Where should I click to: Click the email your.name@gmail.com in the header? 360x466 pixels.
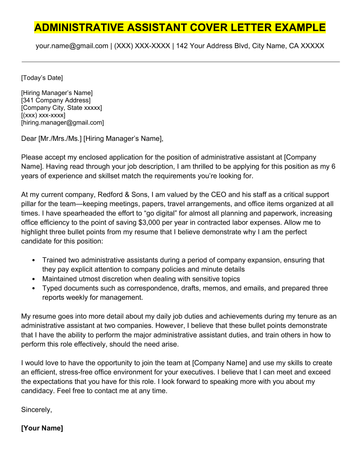(x=74, y=46)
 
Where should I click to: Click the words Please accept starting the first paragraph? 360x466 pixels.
(x=46, y=159)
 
